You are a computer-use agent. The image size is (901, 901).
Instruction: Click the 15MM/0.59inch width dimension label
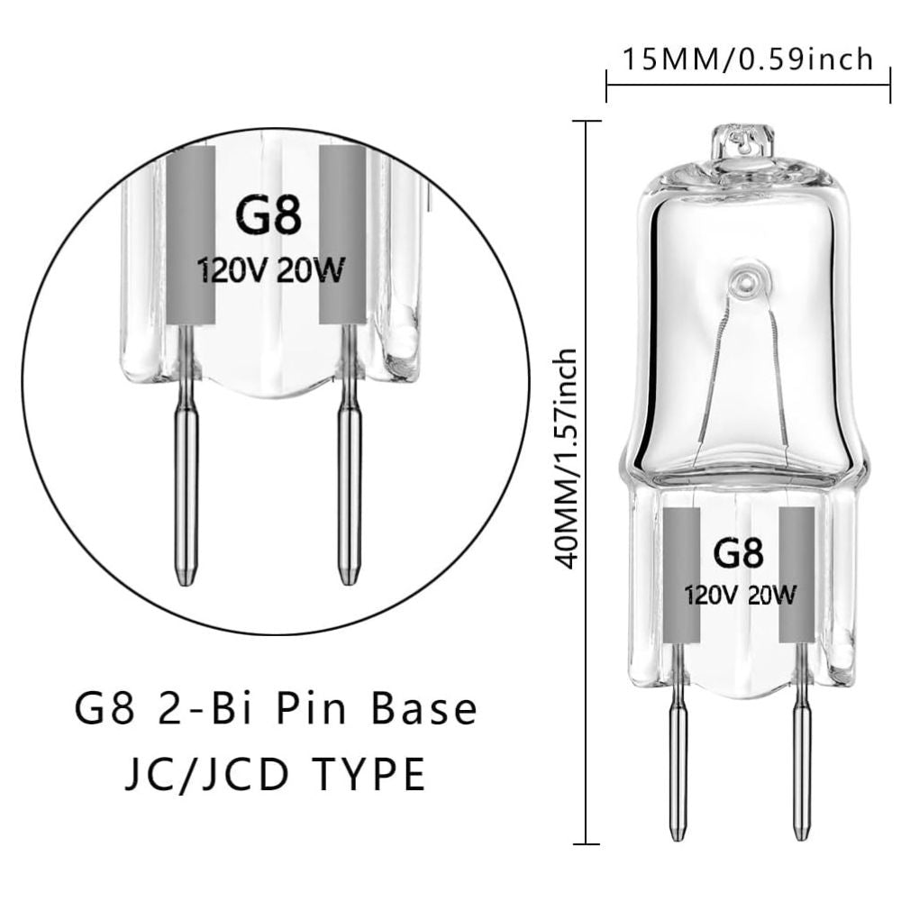(748, 59)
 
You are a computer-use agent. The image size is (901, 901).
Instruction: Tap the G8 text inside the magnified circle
(268, 215)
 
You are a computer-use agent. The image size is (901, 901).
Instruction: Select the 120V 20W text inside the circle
(269, 270)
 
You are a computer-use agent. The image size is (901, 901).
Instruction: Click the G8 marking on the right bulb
(738, 552)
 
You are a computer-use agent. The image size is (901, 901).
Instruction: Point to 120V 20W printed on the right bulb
(739, 595)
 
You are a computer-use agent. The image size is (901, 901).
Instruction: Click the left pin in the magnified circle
(187, 487)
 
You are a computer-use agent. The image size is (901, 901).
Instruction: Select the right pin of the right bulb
(800, 766)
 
